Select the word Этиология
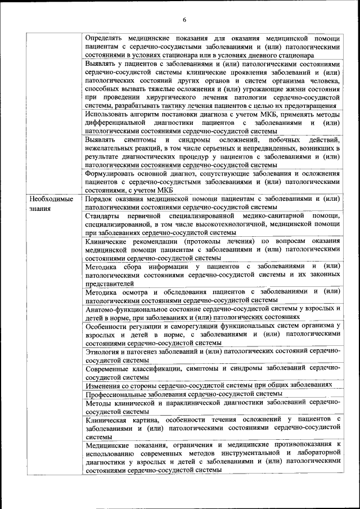point(103,351)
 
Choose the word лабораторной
point(317,453)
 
